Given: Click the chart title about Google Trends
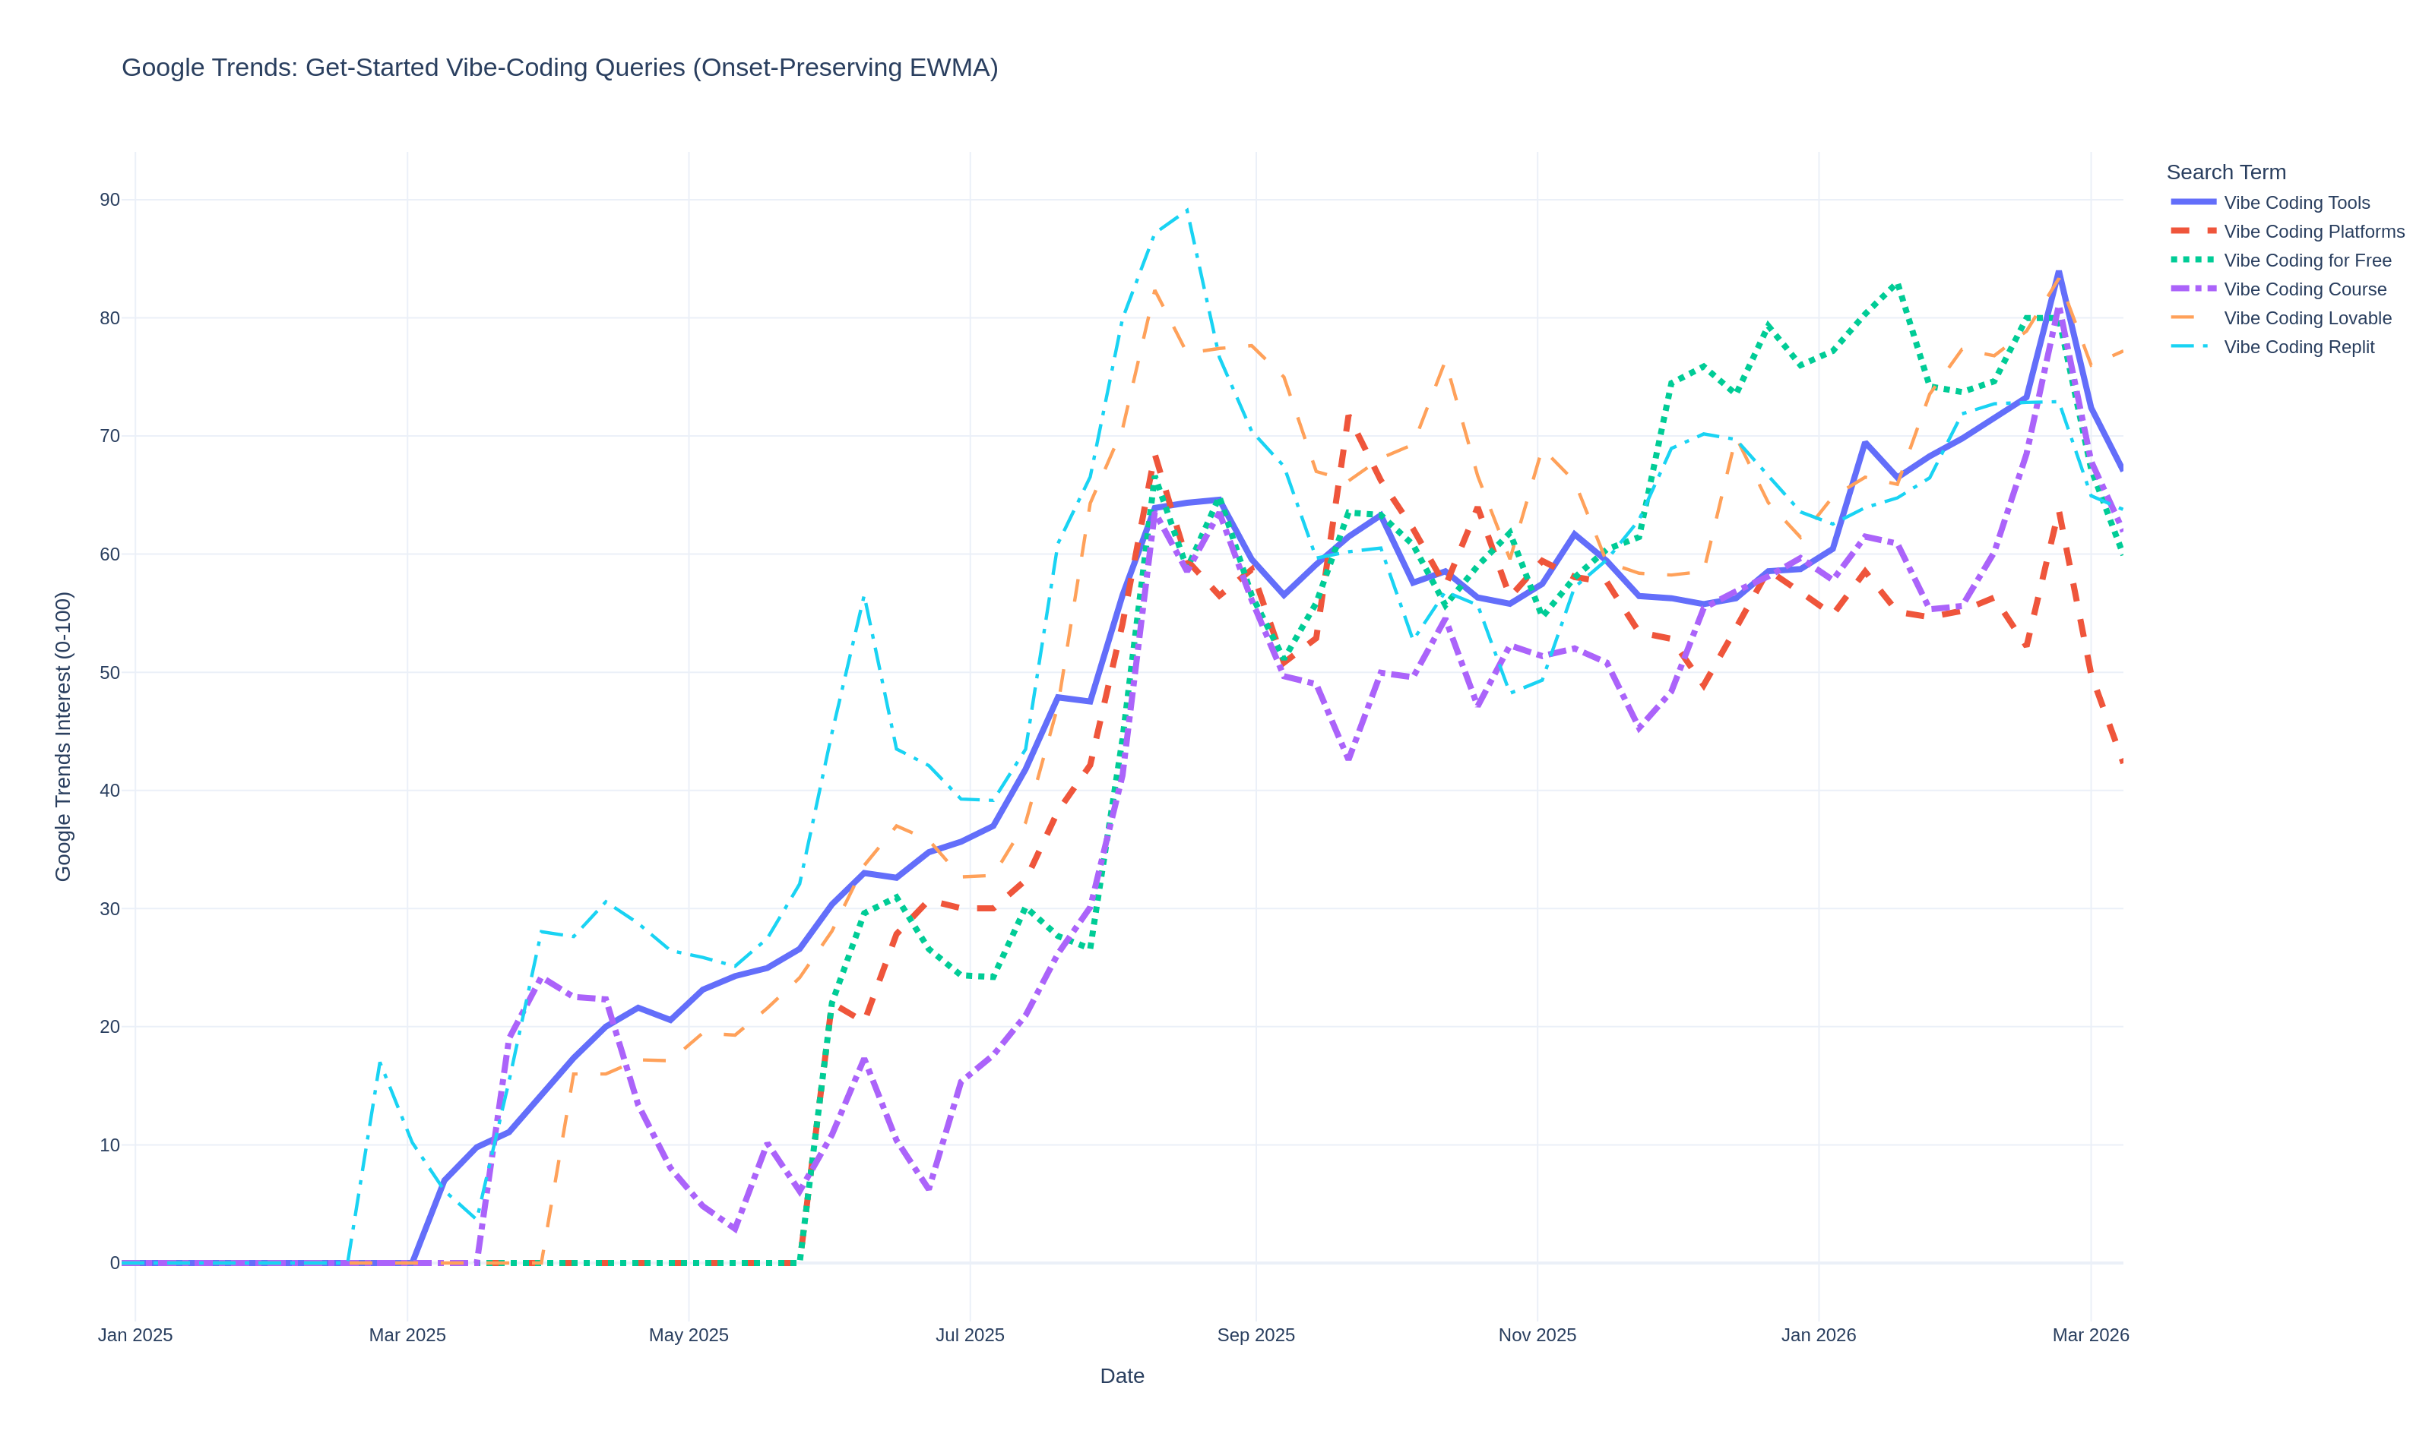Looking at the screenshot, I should click(x=559, y=68).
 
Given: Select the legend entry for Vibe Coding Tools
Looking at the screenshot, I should click(x=2296, y=202).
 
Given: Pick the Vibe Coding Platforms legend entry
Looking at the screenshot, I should click(x=2313, y=232).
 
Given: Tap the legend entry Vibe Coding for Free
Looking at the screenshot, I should click(x=2307, y=260).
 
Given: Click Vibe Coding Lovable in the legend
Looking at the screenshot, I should click(x=2307, y=318).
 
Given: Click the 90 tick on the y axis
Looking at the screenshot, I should click(x=109, y=201).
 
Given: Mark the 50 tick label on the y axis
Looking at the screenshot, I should click(x=109, y=673).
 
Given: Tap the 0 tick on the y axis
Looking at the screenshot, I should click(x=114, y=1263).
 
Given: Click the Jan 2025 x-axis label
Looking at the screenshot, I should click(x=135, y=1335).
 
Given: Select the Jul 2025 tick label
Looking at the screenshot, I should click(x=969, y=1335).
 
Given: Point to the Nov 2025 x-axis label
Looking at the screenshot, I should click(x=1536, y=1335).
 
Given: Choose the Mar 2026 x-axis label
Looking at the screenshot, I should click(x=2089, y=1335).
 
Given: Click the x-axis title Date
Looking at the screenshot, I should click(x=1122, y=1376).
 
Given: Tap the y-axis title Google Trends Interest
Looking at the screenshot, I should click(x=63, y=736).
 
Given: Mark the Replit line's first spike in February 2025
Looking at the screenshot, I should click(x=379, y=1062).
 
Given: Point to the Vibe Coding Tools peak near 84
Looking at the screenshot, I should click(x=2058, y=272).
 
